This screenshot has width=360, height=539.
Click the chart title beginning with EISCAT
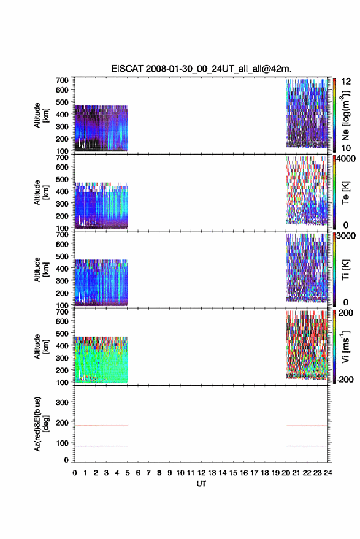(x=201, y=69)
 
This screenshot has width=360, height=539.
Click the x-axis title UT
(x=201, y=484)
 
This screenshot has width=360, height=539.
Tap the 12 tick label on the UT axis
(x=202, y=473)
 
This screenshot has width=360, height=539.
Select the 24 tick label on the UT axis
(x=327, y=473)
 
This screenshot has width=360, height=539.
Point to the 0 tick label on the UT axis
(x=75, y=473)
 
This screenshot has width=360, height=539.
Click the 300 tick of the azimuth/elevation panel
(x=62, y=402)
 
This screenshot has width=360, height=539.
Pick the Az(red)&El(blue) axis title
(x=41, y=424)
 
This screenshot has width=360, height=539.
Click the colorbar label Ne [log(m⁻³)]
(x=345, y=115)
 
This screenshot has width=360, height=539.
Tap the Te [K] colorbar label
(x=345, y=193)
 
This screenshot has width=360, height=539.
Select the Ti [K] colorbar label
(x=345, y=270)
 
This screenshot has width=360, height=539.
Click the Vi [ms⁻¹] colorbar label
(x=345, y=347)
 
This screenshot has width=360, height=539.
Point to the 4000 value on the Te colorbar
(x=346, y=158)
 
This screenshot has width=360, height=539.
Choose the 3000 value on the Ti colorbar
(x=346, y=235)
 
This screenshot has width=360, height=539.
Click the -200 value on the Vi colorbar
(x=345, y=379)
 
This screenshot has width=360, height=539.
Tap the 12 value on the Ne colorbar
(x=345, y=82)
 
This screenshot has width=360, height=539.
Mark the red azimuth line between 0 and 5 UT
(x=101, y=426)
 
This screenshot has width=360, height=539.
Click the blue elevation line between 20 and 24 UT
(x=307, y=446)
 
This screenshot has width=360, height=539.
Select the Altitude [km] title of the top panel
(x=41, y=115)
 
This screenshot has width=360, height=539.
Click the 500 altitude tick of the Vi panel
(x=62, y=334)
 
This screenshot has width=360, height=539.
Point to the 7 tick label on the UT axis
(x=148, y=473)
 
